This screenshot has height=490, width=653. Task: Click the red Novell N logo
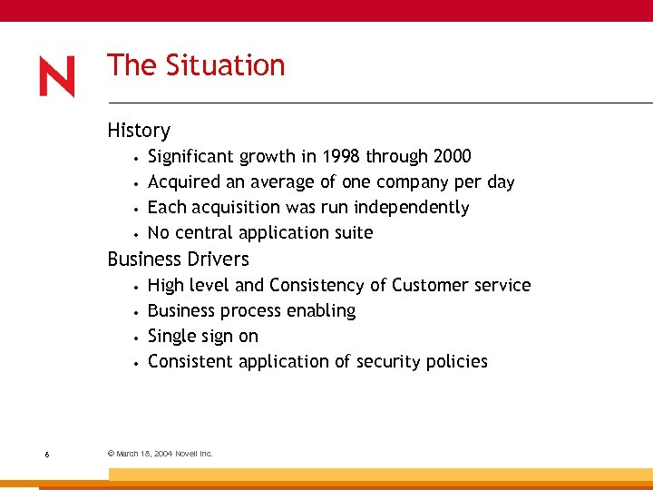(x=57, y=77)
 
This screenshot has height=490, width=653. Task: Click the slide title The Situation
(x=196, y=65)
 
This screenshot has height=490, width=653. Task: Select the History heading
(x=139, y=131)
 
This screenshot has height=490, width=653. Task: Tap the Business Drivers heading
(x=178, y=260)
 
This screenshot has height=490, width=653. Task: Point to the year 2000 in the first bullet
(x=452, y=156)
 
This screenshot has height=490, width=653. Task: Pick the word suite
(x=352, y=232)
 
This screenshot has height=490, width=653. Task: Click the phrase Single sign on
(x=203, y=336)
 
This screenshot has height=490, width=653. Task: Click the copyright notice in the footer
(x=160, y=453)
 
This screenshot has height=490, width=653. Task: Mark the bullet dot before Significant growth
(x=134, y=158)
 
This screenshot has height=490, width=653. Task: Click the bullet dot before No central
(x=134, y=234)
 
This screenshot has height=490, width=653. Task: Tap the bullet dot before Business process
(x=134, y=312)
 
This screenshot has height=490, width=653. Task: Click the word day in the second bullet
(x=501, y=181)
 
